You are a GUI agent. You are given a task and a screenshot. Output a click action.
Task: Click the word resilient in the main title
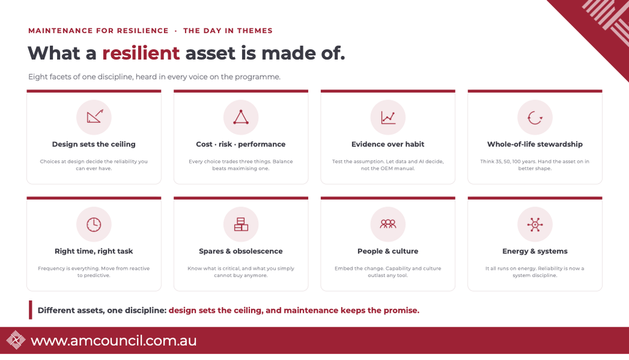(x=141, y=53)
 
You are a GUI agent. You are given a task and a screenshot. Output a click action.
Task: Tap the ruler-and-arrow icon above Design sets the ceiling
(x=95, y=117)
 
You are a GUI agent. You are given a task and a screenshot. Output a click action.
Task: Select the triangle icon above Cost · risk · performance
(x=241, y=117)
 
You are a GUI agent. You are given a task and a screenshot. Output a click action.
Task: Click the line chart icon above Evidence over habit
(x=388, y=117)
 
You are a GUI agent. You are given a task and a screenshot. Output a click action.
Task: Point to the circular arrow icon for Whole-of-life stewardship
(x=535, y=117)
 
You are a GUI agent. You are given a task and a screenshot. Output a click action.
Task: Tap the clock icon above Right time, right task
(x=94, y=224)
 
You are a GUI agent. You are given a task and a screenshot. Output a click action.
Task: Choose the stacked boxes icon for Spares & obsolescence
(x=241, y=224)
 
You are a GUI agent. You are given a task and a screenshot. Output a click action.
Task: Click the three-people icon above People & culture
(x=388, y=224)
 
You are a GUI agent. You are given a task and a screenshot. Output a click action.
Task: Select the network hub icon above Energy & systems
(x=535, y=224)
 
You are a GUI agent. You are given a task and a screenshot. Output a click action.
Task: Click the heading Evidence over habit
(x=388, y=144)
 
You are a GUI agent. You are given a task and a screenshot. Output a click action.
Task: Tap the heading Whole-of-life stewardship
(x=535, y=144)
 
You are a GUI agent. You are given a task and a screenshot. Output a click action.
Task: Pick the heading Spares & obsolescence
(x=241, y=251)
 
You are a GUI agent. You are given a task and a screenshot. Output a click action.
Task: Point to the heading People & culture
(x=388, y=251)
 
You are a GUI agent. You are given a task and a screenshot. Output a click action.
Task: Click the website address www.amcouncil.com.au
(x=114, y=340)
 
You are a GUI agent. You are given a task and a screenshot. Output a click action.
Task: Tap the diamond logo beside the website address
(x=15, y=340)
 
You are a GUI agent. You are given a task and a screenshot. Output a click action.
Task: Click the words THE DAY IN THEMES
(x=228, y=31)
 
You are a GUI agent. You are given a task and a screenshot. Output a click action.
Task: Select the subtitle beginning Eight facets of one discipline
(x=154, y=77)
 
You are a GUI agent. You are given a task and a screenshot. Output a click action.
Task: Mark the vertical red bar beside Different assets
(x=31, y=310)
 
